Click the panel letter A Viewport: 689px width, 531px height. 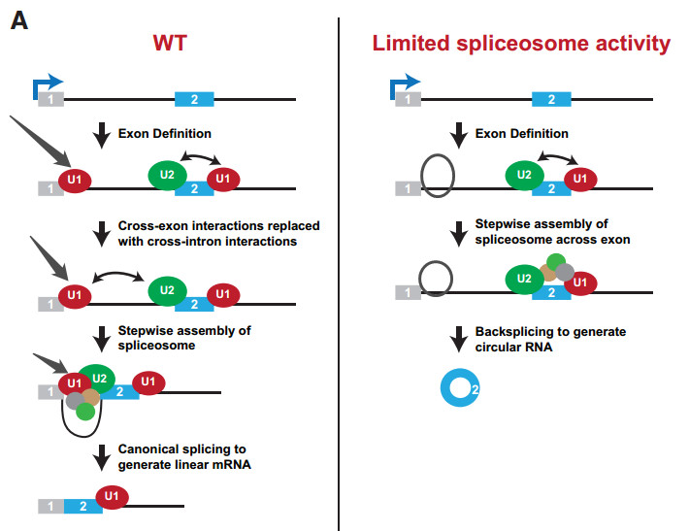(x=19, y=21)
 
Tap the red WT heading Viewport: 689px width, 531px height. (x=170, y=43)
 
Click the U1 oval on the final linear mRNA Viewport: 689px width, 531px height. (x=112, y=497)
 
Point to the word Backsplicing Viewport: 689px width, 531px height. (x=510, y=331)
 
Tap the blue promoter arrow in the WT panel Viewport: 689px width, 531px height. (x=47, y=84)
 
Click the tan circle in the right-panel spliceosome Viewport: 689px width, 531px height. (x=548, y=273)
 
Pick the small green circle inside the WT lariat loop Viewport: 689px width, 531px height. (x=85, y=412)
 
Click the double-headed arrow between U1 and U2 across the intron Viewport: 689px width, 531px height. (x=117, y=274)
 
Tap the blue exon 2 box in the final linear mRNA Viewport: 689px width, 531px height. (x=83, y=507)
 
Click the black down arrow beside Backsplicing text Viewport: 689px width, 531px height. (x=459, y=339)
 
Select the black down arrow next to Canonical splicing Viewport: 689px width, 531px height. (x=102, y=457)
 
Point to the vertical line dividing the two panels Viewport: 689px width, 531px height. (x=339, y=275)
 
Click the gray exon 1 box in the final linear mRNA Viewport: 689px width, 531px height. (x=51, y=507)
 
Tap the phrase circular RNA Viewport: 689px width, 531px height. (x=513, y=348)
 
